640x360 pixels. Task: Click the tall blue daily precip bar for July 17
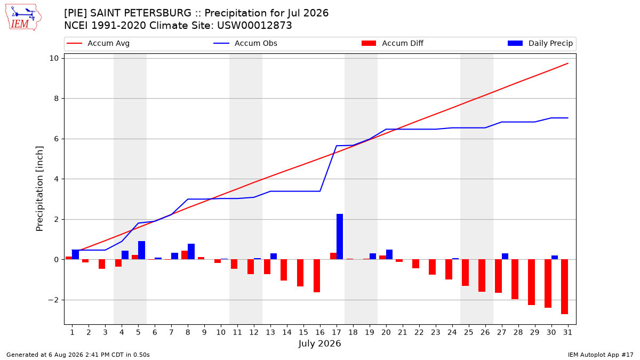340,237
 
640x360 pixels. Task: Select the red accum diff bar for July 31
564,287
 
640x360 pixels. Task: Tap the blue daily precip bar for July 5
141,250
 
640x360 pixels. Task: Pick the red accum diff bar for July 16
317,276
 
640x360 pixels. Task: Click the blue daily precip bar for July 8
191,251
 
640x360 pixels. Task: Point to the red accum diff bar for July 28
515,279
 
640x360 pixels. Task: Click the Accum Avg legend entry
98,43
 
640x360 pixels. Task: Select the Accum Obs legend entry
245,43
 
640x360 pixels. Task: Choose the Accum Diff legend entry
393,43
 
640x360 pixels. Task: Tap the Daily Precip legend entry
540,43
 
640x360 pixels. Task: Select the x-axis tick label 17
337,332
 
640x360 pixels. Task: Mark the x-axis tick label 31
567,332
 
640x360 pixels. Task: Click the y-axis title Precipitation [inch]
39,189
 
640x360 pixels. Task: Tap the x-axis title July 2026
319,343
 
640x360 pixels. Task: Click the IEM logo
23,18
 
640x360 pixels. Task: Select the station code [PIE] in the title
75,13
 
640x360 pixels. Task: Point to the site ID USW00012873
254,26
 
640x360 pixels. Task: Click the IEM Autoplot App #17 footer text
601,355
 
